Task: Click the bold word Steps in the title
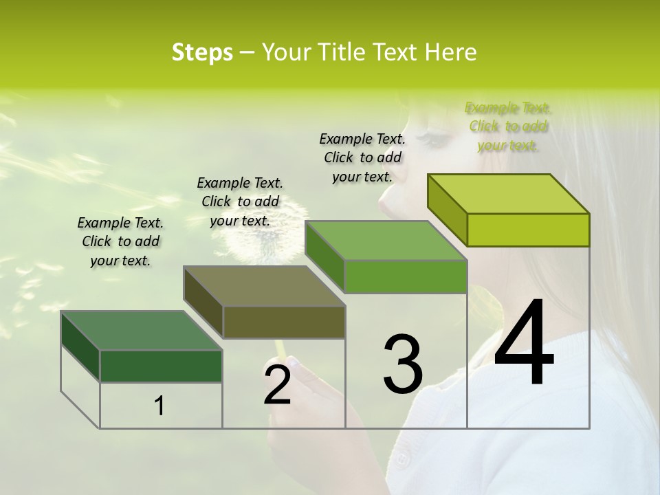click(202, 52)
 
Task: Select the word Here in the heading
click(450, 52)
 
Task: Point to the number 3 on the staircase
click(403, 364)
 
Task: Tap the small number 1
click(159, 406)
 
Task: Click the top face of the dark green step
click(141, 331)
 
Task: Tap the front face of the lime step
click(528, 230)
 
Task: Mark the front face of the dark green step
click(161, 366)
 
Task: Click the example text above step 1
click(120, 241)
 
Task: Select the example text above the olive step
click(240, 201)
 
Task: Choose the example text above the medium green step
click(362, 157)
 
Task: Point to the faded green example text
click(508, 126)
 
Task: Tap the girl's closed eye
click(434, 138)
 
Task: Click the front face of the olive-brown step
click(284, 322)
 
